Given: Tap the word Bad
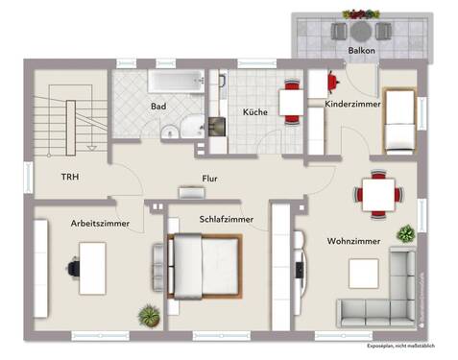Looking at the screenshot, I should click(158, 107).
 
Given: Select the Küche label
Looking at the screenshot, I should click(254, 112).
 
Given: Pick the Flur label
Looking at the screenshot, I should click(210, 178).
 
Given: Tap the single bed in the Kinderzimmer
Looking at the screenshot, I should click(398, 121).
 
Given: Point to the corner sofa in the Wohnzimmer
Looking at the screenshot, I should click(384, 293).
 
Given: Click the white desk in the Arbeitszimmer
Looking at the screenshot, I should click(93, 266).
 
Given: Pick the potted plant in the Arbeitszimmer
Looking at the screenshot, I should click(148, 315).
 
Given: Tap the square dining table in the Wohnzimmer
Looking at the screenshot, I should click(376, 193).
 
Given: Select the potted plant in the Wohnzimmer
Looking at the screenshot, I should click(407, 232).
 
